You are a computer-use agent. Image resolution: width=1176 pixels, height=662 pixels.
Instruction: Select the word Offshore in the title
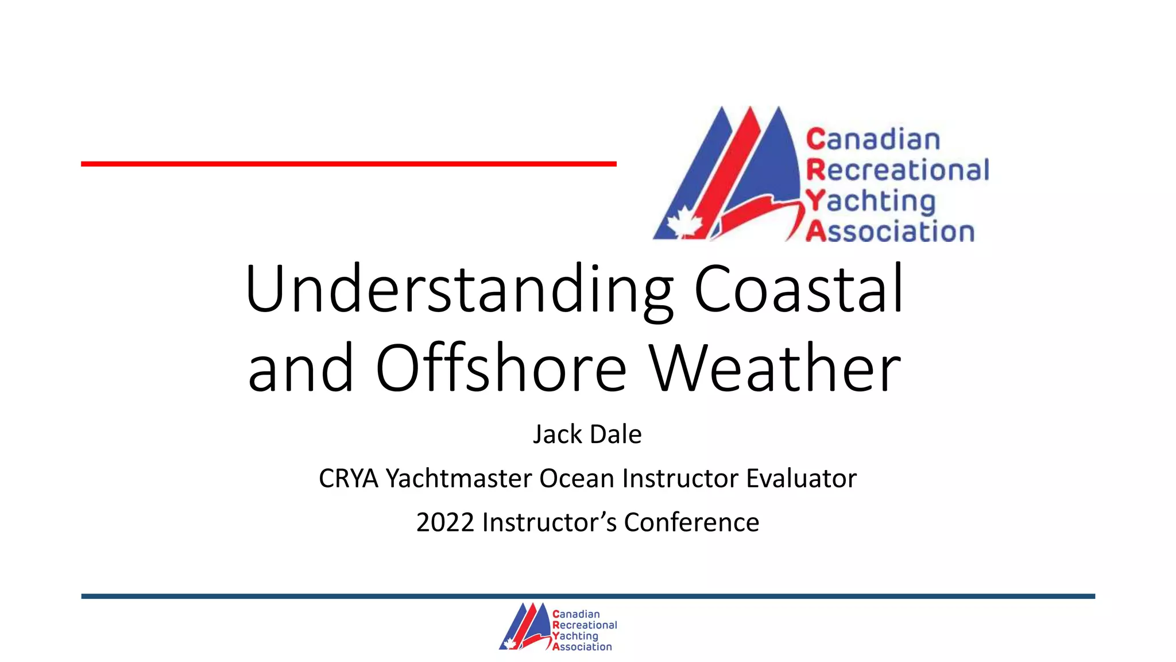500,368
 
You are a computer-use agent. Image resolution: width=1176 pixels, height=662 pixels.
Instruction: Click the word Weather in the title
775,368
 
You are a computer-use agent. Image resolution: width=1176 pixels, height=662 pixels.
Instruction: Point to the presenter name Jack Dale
587,434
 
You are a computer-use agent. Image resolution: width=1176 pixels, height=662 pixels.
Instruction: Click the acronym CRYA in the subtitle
349,479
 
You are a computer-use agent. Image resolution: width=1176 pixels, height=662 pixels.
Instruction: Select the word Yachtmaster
459,479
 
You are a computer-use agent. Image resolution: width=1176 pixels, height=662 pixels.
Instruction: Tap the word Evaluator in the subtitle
801,479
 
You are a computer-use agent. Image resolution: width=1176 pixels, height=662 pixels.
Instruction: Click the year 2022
445,522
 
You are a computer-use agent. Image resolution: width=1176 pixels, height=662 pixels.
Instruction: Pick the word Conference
691,522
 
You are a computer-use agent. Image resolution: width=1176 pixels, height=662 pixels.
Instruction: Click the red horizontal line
349,164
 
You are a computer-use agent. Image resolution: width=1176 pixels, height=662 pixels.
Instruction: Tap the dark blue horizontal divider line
588,596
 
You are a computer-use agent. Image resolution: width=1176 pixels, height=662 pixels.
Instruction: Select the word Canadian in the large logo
873,140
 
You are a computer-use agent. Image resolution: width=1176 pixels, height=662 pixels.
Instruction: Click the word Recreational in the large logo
898,171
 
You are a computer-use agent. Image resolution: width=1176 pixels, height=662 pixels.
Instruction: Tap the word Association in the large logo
890,232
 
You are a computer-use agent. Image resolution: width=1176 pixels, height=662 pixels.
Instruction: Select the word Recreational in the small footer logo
585,625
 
